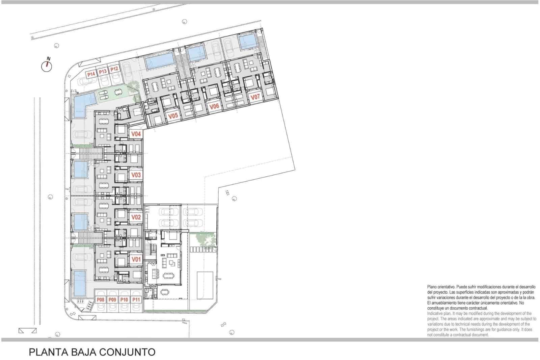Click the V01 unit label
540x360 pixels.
point(136,259)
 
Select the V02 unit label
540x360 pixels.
point(136,217)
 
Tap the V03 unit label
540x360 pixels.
point(136,175)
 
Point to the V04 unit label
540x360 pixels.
point(136,134)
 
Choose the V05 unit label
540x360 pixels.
point(173,116)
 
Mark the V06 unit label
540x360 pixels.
point(214,106)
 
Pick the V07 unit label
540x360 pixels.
point(255,97)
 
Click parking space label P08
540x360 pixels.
point(101,300)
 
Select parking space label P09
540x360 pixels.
point(112,300)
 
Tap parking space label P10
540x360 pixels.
point(124,300)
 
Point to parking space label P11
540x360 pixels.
point(136,300)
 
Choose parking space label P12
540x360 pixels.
point(114,69)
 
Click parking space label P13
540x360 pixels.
point(103,71)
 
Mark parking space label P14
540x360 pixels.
point(91,74)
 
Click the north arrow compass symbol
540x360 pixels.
point(47,66)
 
